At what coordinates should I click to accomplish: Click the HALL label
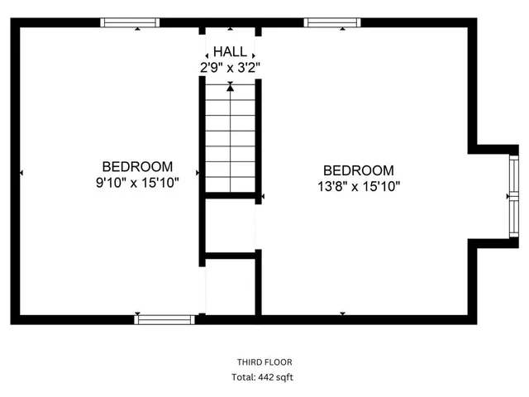[230, 51]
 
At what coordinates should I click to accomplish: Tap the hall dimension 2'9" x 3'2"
[230, 67]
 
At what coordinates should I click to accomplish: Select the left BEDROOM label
[137, 165]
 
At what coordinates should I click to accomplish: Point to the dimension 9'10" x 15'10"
[137, 181]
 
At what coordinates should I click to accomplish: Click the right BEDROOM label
[358, 170]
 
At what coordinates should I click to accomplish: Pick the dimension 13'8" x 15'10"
[358, 186]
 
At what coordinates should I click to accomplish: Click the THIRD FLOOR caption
[264, 362]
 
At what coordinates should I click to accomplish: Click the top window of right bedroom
[332, 22]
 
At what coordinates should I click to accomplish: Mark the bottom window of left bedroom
[164, 318]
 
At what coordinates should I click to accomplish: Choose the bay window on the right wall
[513, 196]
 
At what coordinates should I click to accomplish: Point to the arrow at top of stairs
[230, 85]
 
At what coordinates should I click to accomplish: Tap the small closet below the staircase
[230, 224]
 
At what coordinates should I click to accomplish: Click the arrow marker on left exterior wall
[21, 173]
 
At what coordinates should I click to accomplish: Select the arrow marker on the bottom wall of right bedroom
[342, 313]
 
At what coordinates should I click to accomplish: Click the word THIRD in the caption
[250, 362]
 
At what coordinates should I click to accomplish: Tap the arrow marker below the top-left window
[137, 29]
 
